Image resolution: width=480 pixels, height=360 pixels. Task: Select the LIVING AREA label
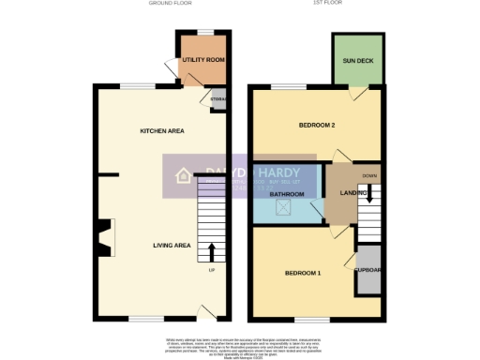(x=172, y=246)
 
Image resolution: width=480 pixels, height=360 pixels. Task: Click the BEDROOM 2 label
(x=317, y=126)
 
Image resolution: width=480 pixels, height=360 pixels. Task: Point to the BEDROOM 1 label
(x=303, y=273)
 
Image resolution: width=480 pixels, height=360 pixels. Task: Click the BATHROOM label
(x=286, y=194)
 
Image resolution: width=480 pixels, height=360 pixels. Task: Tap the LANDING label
(x=338, y=193)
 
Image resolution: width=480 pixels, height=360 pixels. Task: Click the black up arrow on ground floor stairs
(x=211, y=251)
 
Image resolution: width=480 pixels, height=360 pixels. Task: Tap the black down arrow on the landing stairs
(x=369, y=193)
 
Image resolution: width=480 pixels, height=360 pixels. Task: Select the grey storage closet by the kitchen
(x=218, y=101)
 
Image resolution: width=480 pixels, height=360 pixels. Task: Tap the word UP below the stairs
(x=211, y=271)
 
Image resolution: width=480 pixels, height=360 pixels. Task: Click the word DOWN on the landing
(x=369, y=176)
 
